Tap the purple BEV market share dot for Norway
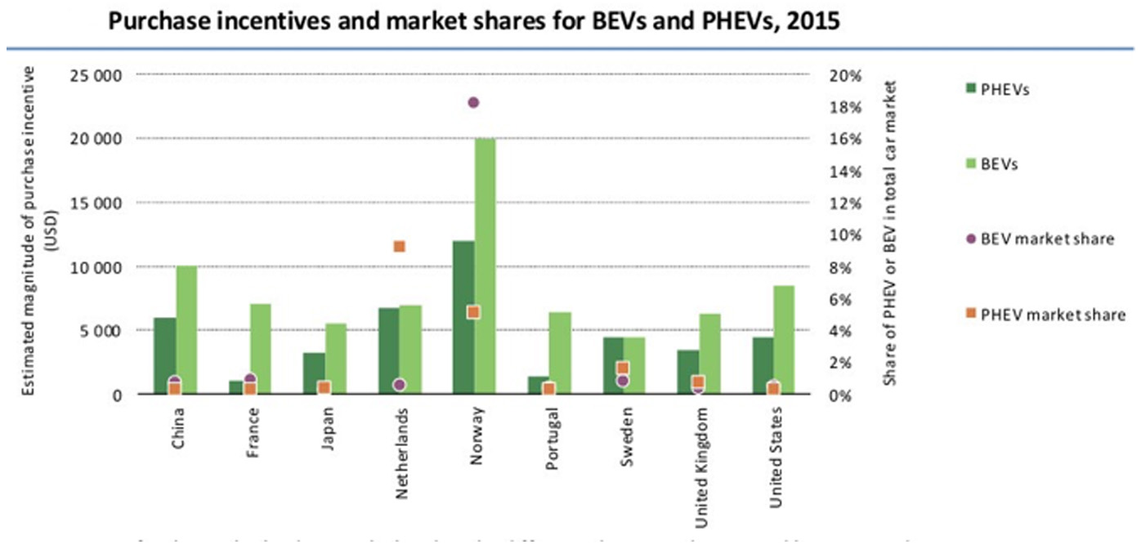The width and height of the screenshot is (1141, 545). [473, 103]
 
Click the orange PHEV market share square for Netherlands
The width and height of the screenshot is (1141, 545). [399, 246]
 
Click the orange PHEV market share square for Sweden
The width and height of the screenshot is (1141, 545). [622, 368]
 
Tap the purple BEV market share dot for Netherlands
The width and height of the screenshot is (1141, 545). [399, 384]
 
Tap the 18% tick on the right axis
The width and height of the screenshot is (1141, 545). [847, 108]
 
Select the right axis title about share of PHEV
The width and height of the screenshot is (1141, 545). [892, 233]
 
